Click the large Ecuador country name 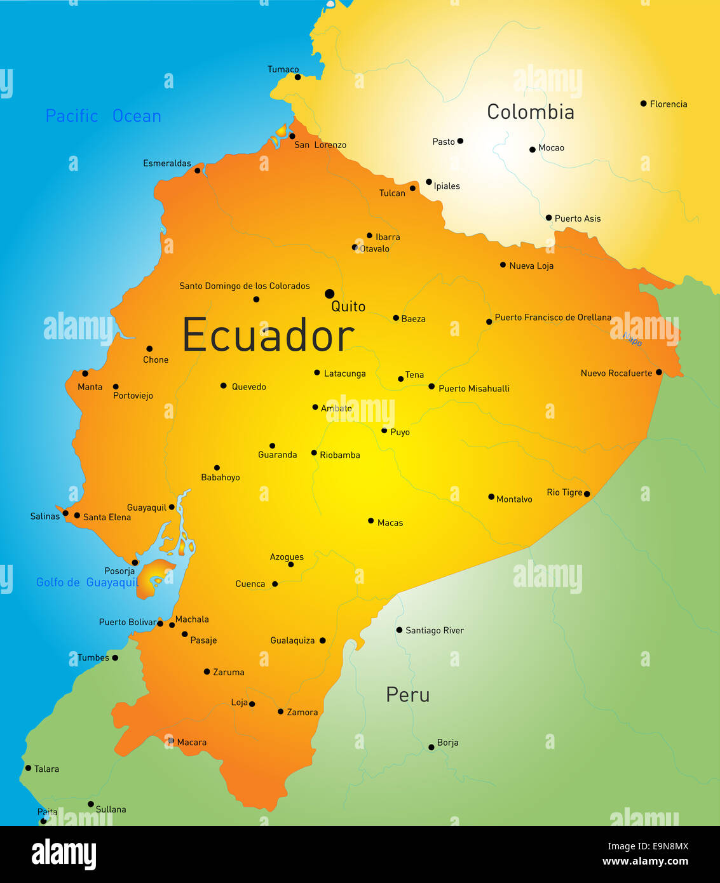pyautogui.click(x=268, y=335)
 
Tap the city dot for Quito pyautogui.click(x=329, y=293)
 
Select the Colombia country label pyautogui.click(x=530, y=112)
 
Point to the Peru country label pyautogui.click(x=407, y=695)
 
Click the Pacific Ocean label pyautogui.click(x=103, y=116)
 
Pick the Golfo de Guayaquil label pyautogui.click(x=86, y=583)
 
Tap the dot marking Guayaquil pyautogui.click(x=172, y=507)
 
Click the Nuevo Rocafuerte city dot pyautogui.click(x=659, y=372)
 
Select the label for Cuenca pyautogui.click(x=250, y=584)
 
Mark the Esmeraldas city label pyautogui.click(x=166, y=163)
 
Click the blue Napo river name pyautogui.click(x=632, y=339)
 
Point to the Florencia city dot pyautogui.click(x=643, y=104)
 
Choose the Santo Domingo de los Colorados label pyautogui.click(x=244, y=286)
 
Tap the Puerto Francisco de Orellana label pyautogui.click(x=552, y=317)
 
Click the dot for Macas pyautogui.click(x=371, y=521)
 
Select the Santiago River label pyautogui.click(x=434, y=630)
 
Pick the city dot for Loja pyautogui.click(x=252, y=704)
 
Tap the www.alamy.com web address pyautogui.click(x=645, y=861)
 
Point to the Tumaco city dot pyautogui.click(x=297, y=77)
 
